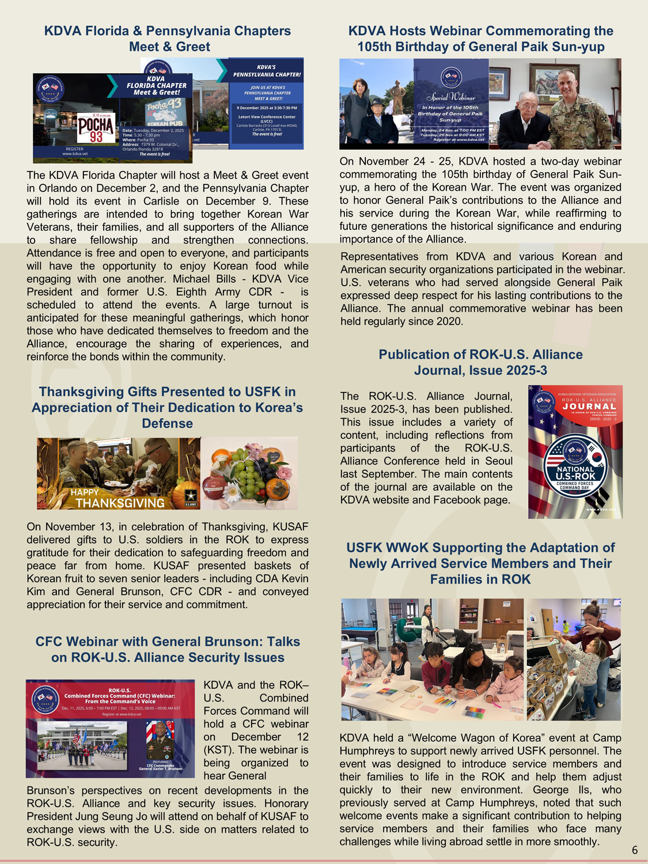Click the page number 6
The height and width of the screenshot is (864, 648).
pyautogui.click(x=635, y=850)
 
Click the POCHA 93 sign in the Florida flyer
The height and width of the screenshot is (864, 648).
pyautogui.click(x=96, y=128)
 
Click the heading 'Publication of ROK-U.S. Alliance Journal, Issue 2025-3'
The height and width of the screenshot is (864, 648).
pyautogui.click(x=480, y=362)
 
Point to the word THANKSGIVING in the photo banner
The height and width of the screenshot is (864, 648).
pyautogui.click(x=120, y=503)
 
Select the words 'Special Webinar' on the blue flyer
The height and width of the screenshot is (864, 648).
pyautogui.click(x=451, y=97)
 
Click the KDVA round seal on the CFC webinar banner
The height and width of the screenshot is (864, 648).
pyautogui.click(x=45, y=699)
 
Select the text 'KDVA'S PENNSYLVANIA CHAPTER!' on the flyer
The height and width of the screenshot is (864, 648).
pyautogui.click(x=266, y=71)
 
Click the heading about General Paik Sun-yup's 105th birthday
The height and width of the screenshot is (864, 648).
pyautogui.click(x=480, y=39)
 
